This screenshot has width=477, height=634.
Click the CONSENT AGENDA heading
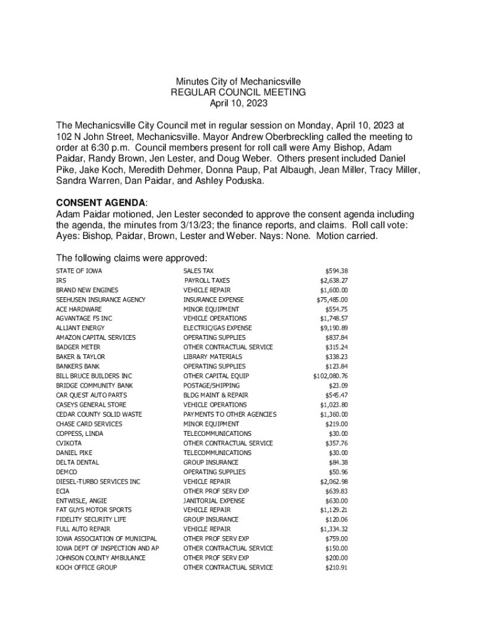coord(102,202)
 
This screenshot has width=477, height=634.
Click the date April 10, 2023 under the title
coord(239,103)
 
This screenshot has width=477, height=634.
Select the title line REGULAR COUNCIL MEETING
coord(239,92)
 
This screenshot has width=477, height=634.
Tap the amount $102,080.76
coord(330,376)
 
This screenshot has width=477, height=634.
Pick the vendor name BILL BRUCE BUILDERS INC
coord(94,376)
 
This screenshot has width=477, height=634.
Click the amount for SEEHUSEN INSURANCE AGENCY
coord(332,300)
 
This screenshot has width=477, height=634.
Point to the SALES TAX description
coord(198,271)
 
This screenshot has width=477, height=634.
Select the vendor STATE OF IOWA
coord(79,271)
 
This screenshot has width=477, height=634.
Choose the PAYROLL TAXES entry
coord(207,280)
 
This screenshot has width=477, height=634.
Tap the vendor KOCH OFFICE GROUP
coord(86,567)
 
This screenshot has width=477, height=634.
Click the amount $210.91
coord(336,567)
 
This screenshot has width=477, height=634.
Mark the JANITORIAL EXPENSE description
coord(214,500)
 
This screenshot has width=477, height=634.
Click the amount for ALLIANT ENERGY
coord(334,328)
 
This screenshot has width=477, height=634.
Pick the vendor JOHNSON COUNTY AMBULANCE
coord(101,558)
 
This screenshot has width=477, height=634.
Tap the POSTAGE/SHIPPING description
coord(211,386)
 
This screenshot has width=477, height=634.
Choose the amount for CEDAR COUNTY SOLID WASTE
coord(334,414)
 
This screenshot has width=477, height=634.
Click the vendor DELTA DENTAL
coord(77,462)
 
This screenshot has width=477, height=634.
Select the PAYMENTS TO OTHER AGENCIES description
coord(230,414)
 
